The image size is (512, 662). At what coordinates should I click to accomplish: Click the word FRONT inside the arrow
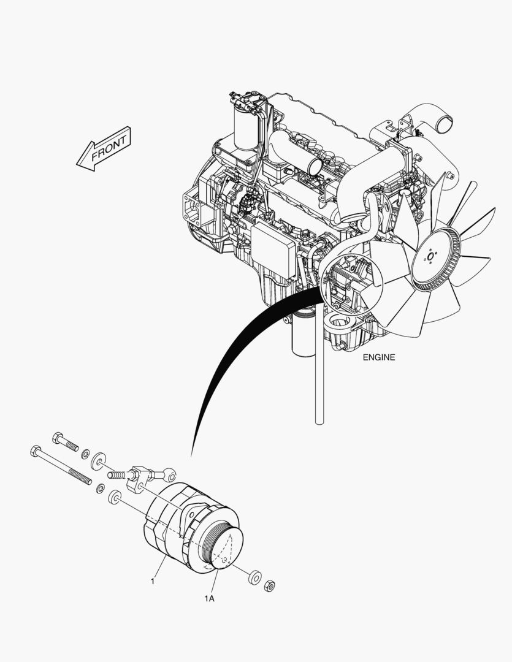(x=109, y=148)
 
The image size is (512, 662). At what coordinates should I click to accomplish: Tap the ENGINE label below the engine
(x=379, y=357)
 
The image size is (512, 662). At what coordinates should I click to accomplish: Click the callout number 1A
(x=209, y=599)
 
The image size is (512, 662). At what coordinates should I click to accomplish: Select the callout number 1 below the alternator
(x=153, y=581)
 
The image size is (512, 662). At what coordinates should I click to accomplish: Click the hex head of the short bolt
(x=58, y=438)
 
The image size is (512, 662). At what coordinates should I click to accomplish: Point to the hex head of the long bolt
(x=36, y=451)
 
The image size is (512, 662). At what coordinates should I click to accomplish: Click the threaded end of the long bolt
(x=80, y=476)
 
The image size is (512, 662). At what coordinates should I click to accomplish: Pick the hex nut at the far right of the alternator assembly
(x=269, y=586)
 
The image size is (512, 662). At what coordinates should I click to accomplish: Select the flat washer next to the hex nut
(x=254, y=577)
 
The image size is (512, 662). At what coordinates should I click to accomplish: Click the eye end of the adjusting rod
(x=170, y=475)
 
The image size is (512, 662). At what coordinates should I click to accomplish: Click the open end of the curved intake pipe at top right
(x=445, y=124)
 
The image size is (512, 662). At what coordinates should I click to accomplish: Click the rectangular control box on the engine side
(x=273, y=251)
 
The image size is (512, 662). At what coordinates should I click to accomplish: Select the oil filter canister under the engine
(x=303, y=333)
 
